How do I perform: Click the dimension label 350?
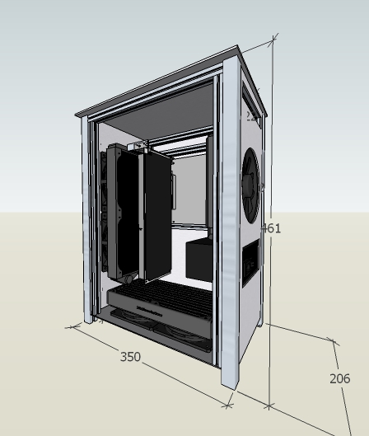point(130,357)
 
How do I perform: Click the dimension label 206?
point(339,378)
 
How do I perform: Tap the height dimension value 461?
point(272,228)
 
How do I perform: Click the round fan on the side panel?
point(250,185)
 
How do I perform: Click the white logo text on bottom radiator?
point(149,310)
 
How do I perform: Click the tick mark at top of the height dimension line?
point(273,40)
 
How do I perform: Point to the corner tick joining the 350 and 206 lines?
point(269,406)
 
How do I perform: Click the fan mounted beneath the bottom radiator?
point(173,334)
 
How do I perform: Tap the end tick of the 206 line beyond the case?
point(334,340)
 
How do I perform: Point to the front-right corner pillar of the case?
point(231,231)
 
